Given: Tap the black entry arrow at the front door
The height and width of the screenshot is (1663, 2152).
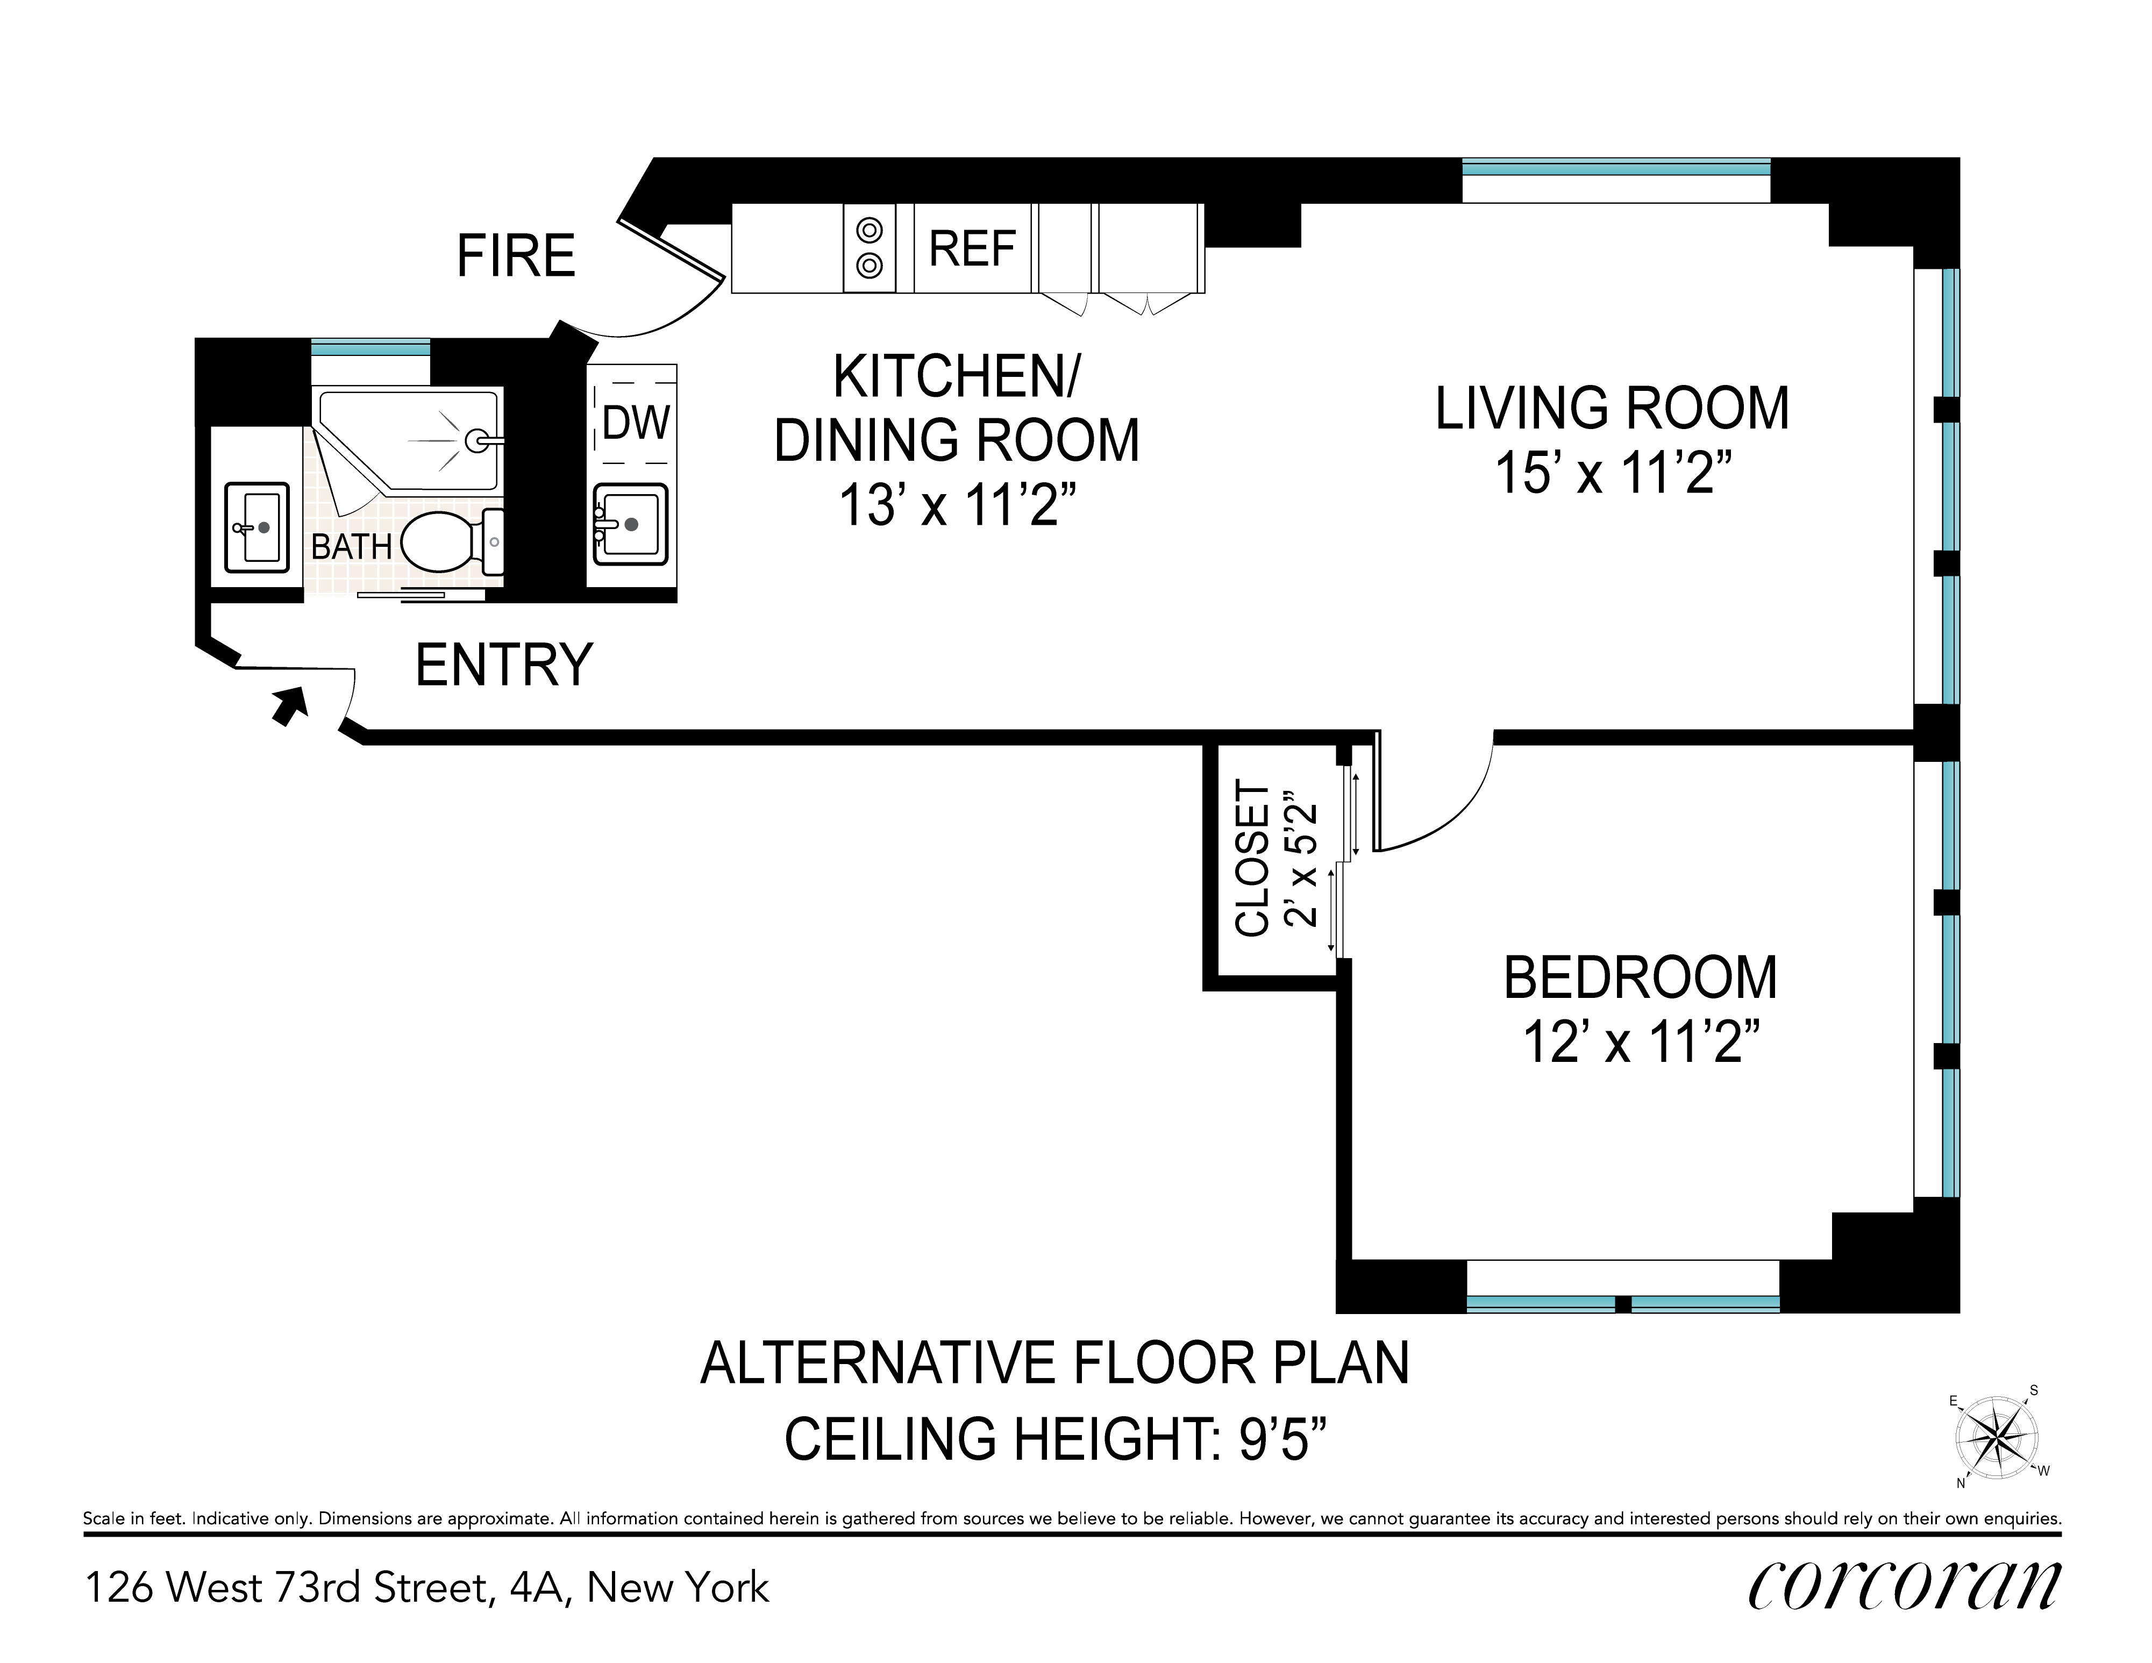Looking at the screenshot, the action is (x=290, y=705).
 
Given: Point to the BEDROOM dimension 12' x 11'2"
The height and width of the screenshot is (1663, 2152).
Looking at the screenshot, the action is (x=1641, y=1041).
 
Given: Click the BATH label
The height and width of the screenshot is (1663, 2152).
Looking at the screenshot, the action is (x=352, y=546).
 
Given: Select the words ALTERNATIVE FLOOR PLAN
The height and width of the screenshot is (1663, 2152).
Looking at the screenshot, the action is (x=1054, y=1364).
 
